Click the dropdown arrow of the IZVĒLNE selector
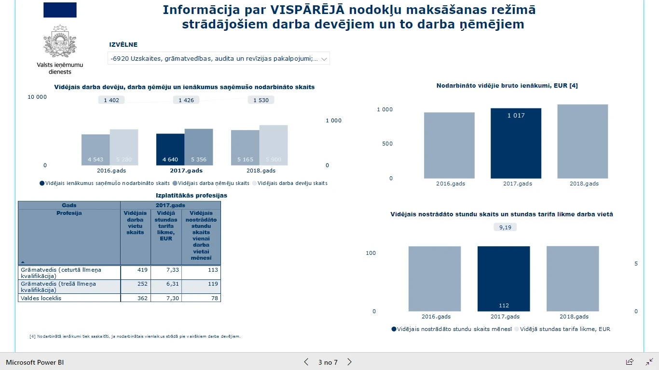[x=324, y=59]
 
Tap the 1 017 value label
[x=516, y=116]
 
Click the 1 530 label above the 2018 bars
[x=261, y=100]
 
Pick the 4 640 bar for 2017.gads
[x=170, y=149]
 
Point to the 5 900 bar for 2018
[x=274, y=145]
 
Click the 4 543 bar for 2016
[x=96, y=150]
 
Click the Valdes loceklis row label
[x=41, y=298]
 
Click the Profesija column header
[x=69, y=213]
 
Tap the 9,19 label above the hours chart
[x=505, y=227]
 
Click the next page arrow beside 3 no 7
[x=350, y=362]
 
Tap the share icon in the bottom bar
[x=630, y=362]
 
